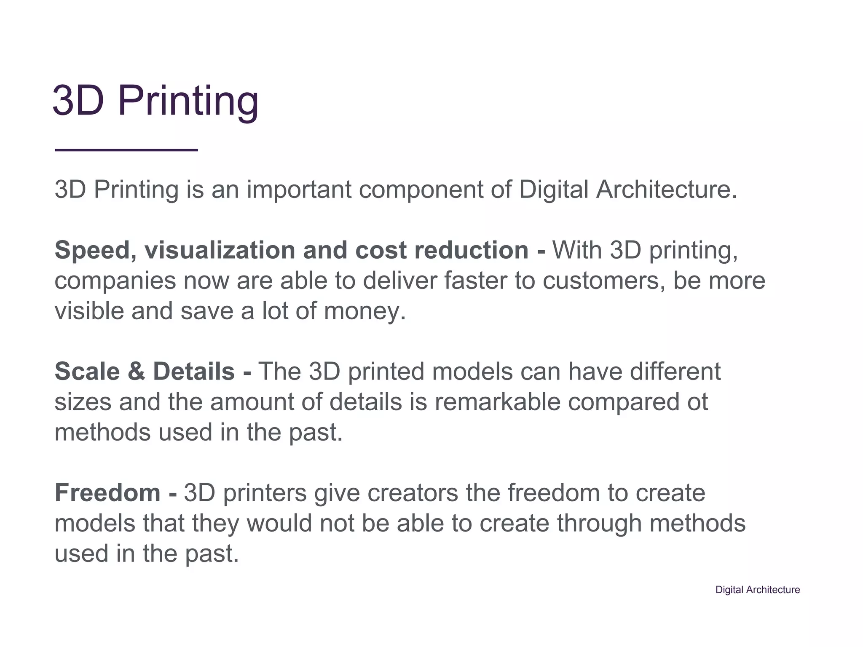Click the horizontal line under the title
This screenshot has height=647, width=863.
[x=126, y=150]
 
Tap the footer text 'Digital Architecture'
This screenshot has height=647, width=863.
[x=757, y=590]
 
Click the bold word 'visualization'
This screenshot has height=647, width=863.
[x=220, y=250]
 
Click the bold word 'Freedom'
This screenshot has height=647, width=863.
[x=107, y=493]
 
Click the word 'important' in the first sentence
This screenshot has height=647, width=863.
[x=299, y=190]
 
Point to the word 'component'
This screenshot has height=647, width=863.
[x=421, y=190]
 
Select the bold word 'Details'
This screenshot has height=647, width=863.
[x=193, y=372]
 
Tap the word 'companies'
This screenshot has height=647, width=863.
[x=115, y=281]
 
